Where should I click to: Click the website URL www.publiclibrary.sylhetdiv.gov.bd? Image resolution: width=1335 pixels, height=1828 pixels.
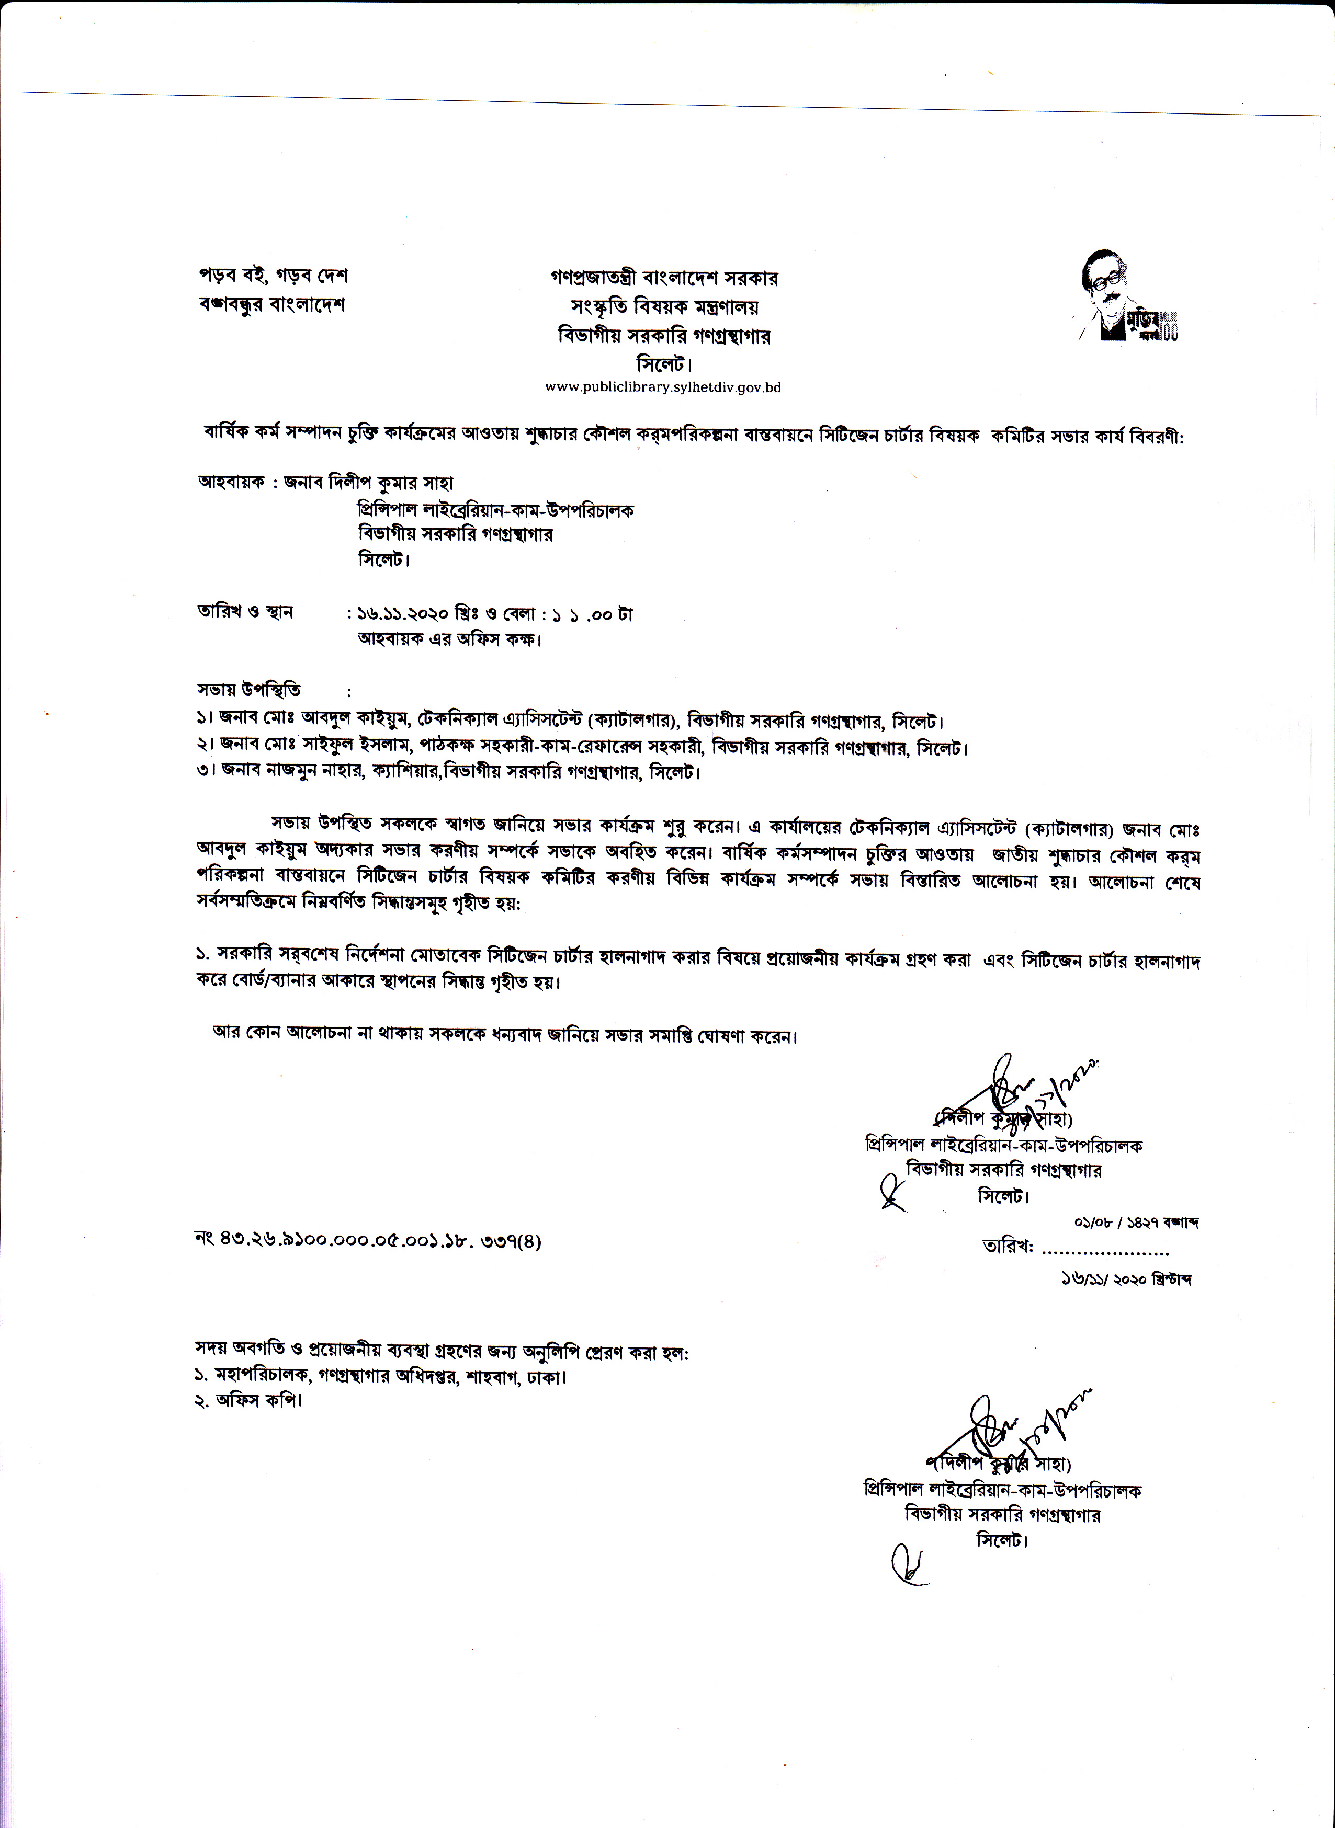point(663,387)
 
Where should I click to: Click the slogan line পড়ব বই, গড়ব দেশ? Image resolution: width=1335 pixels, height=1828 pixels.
point(273,276)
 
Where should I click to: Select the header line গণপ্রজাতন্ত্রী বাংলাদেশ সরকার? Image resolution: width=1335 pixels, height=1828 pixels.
point(663,278)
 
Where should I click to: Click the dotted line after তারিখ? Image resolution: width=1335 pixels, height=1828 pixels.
point(1105,1253)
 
